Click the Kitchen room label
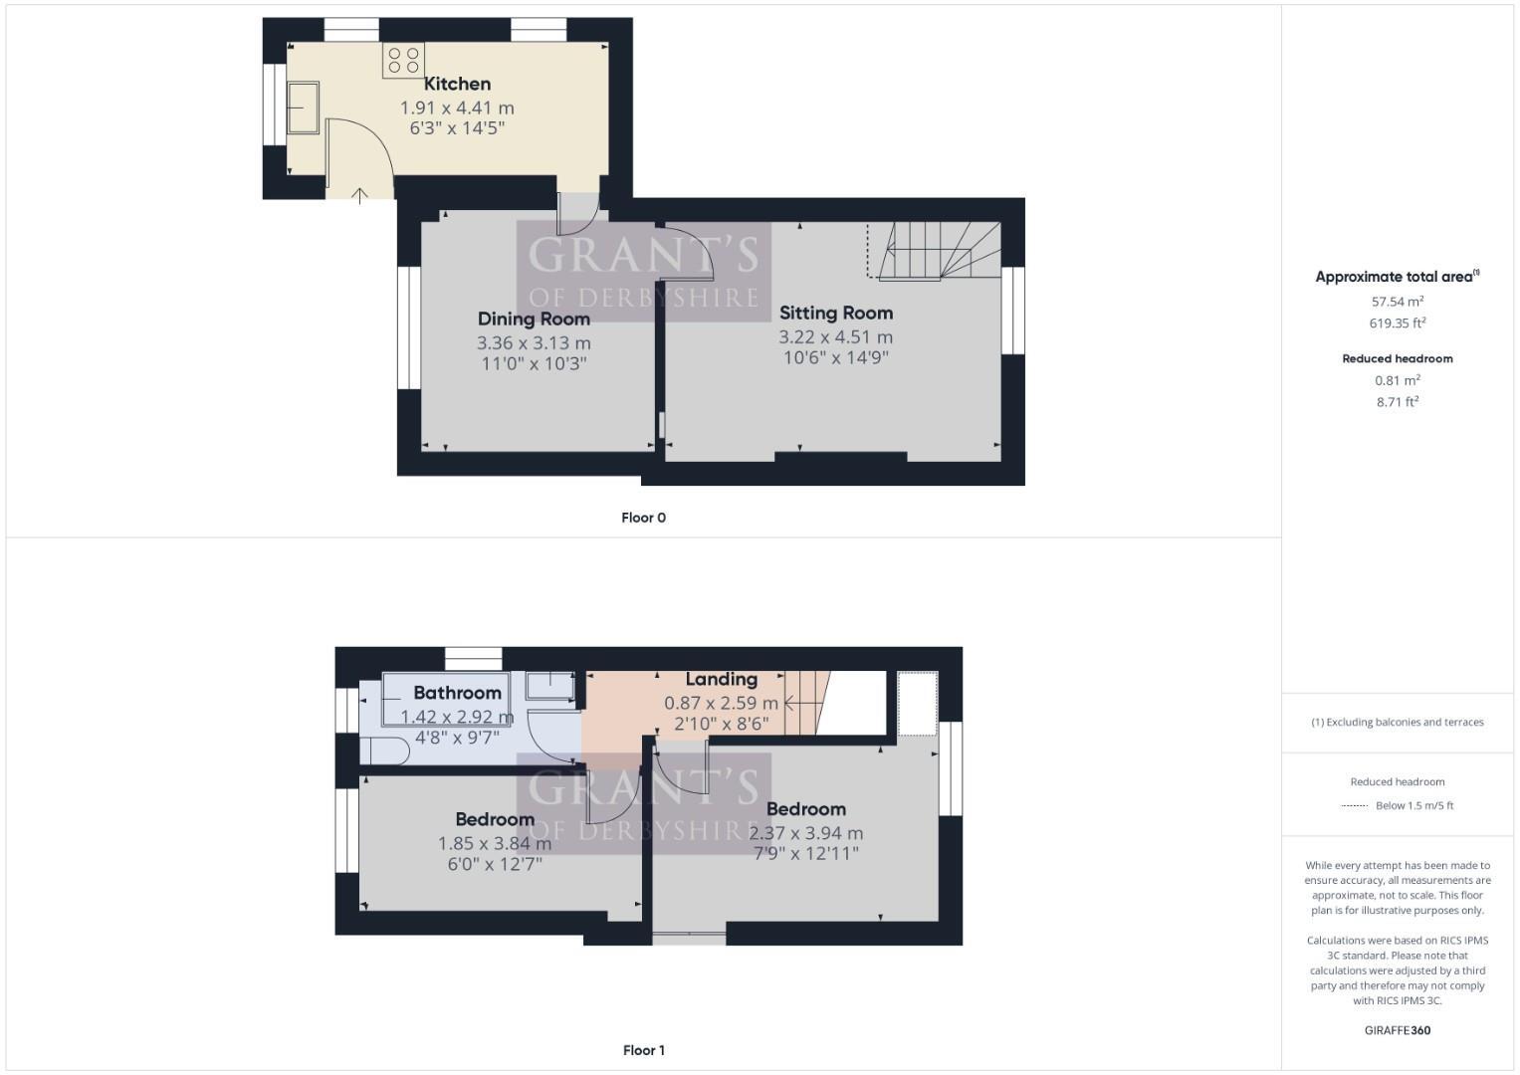coord(457,84)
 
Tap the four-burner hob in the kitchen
coord(403,60)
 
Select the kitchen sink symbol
coord(303,107)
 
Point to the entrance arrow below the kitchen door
coord(359,194)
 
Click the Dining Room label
coord(534,319)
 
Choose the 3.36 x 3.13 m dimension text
coord(534,342)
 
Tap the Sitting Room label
coord(835,313)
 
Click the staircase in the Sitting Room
coord(936,251)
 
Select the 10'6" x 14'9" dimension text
coord(835,357)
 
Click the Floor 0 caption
coord(643,518)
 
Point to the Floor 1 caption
coord(643,1050)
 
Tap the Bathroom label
coord(457,693)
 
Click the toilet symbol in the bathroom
coord(383,751)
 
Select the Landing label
coord(721,679)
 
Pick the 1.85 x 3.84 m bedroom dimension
coord(495,843)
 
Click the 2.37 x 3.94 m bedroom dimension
coord(805,833)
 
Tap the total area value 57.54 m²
coord(1397,301)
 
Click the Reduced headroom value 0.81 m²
coord(1397,380)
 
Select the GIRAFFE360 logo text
coord(1397,1030)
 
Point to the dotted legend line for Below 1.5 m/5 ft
coord(1355,805)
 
